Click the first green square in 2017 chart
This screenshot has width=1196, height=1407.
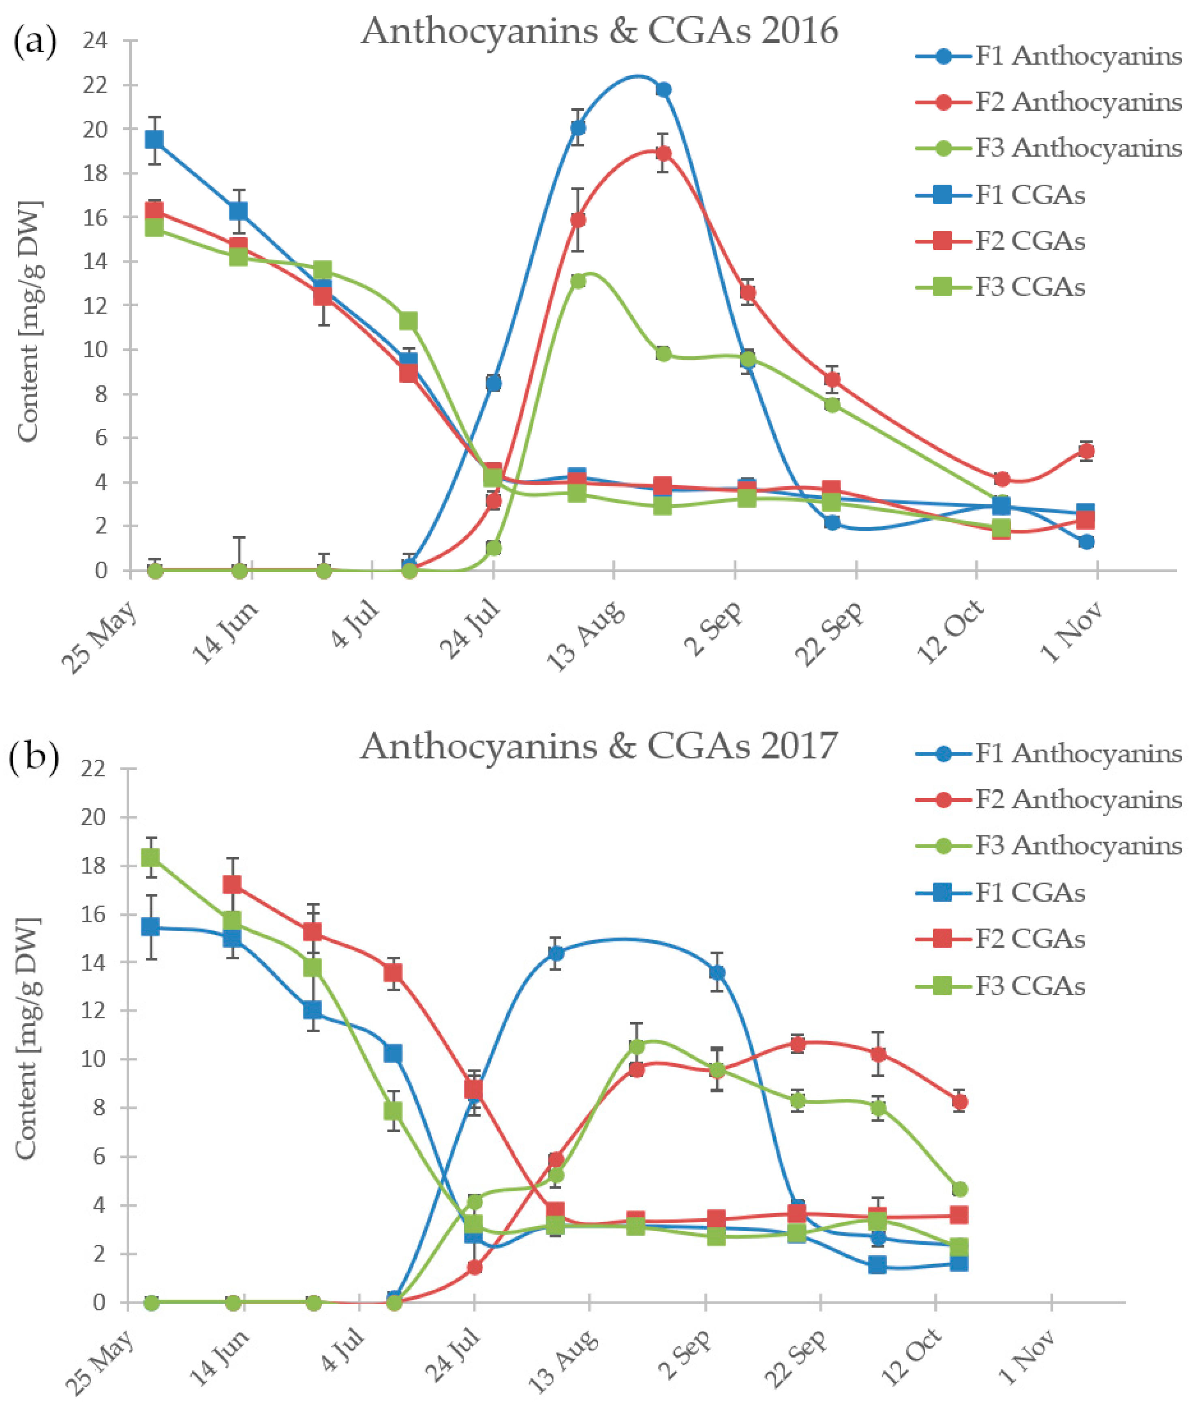150,857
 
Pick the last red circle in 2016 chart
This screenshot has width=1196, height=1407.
1086,451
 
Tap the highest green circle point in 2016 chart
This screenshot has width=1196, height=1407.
578,281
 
